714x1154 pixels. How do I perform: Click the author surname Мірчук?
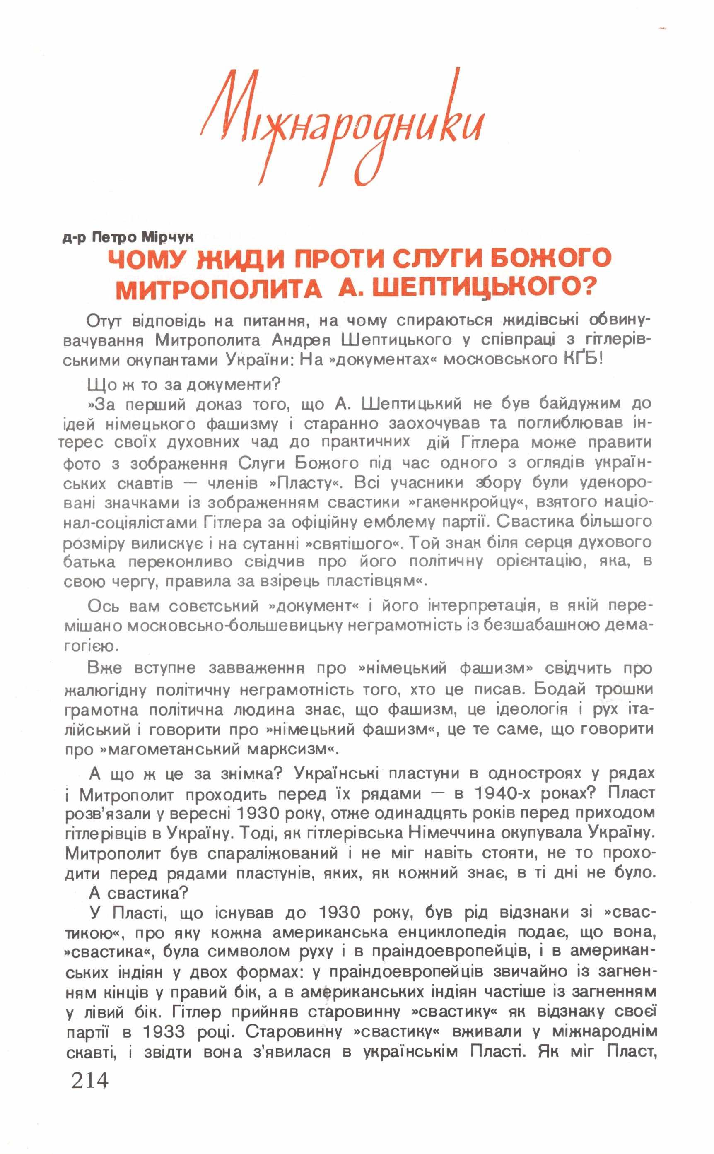click(168, 237)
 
